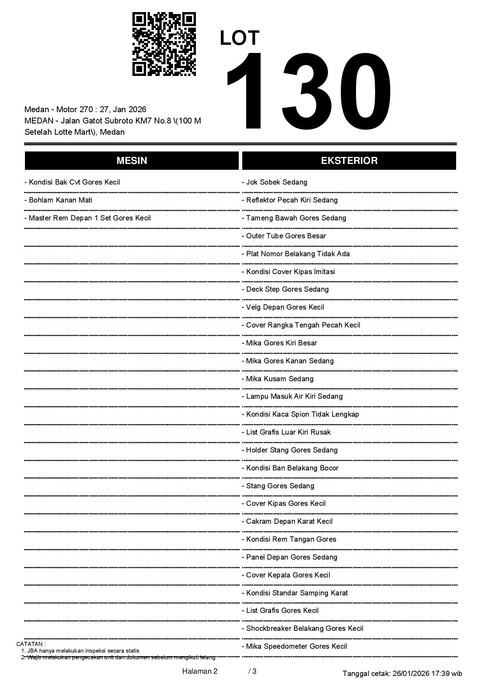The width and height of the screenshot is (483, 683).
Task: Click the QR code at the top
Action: point(164,44)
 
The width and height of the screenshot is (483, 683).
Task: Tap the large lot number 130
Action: point(308,91)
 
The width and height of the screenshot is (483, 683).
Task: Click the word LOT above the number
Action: point(240,38)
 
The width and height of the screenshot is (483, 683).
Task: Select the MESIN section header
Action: point(132,161)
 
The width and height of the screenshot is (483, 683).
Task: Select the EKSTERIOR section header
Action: point(349,161)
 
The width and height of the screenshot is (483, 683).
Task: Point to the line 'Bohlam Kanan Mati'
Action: point(58,200)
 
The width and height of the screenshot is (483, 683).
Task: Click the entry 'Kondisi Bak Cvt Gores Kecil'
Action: point(72,182)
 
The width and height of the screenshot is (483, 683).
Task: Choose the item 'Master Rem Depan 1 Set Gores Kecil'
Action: point(88,218)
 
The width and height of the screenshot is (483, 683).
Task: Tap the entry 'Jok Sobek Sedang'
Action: point(275,182)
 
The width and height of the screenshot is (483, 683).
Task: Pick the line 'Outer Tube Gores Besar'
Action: point(284,236)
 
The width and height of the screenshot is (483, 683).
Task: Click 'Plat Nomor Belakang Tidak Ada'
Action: point(296,254)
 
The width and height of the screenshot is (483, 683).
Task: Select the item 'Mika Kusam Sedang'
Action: point(278,379)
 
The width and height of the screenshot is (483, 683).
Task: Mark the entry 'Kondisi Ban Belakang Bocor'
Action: point(290,468)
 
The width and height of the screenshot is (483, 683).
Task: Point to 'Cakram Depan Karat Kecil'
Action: point(287,521)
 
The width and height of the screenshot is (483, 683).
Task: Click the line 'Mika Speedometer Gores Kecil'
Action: point(294,646)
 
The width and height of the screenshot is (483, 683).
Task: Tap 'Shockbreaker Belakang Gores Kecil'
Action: point(303,628)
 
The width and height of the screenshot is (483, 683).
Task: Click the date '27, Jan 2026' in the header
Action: point(123,109)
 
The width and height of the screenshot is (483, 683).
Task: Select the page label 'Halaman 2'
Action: point(200,671)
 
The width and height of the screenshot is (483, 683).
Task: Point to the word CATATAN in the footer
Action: point(31,644)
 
